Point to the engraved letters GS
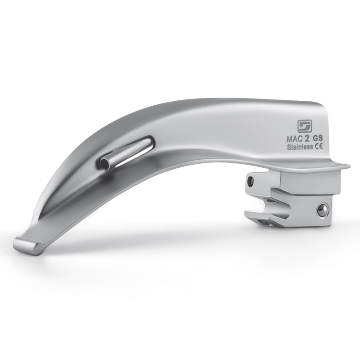pyautogui.click(x=318, y=139)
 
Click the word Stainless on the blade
pyautogui.click(x=300, y=147)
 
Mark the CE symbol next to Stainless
pyautogui.click(x=319, y=147)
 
